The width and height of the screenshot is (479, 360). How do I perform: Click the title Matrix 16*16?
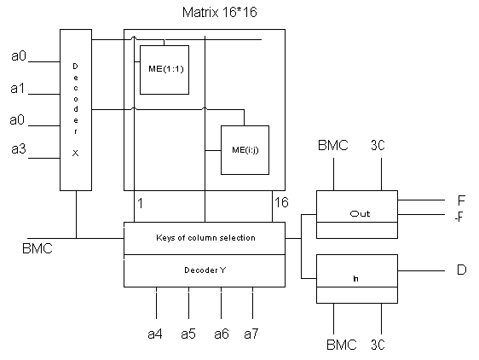pyautogui.click(x=220, y=13)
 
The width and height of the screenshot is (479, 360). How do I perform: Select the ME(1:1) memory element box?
pyautogui.click(x=164, y=70)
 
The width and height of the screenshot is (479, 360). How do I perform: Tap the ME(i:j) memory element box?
pyautogui.click(x=245, y=150)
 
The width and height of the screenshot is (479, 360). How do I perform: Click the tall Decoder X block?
pyautogui.click(x=76, y=110)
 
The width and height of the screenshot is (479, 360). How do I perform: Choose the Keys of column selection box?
pyautogui.click(x=205, y=238)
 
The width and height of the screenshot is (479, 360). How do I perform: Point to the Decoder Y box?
pyautogui.click(x=205, y=270)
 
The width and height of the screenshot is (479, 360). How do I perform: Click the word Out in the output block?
pyautogui.click(x=360, y=213)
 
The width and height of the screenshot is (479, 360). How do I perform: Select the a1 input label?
pyautogui.click(x=17, y=89)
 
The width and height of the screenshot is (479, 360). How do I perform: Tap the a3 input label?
pyautogui.click(x=19, y=148)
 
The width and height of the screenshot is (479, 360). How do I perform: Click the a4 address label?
pyautogui.click(x=155, y=334)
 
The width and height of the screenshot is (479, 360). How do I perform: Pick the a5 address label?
pyautogui.click(x=188, y=334)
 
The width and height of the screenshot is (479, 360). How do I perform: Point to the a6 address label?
pyautogui.click(x=222, y=334)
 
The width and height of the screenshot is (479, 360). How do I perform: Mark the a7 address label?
pyautogui.click(x=251, y=334)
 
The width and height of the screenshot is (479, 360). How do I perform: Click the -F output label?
pyautogui.click(x=459, y=217)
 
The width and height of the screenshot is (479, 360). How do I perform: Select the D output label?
pyautogui.click(x=462, y=270)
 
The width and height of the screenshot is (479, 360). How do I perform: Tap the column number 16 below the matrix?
pyautogui.click(x=281, y=202)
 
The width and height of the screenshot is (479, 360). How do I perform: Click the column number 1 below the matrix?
pyautogui.click(x=141, y=203)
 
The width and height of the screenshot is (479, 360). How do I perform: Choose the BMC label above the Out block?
pyautogui.click(x=333, y=145)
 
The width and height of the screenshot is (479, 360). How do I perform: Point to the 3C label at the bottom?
pyautogui.click(x=378, y=345)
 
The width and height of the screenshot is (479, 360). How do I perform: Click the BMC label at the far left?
pyautogui.click(x=38, y=248)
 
